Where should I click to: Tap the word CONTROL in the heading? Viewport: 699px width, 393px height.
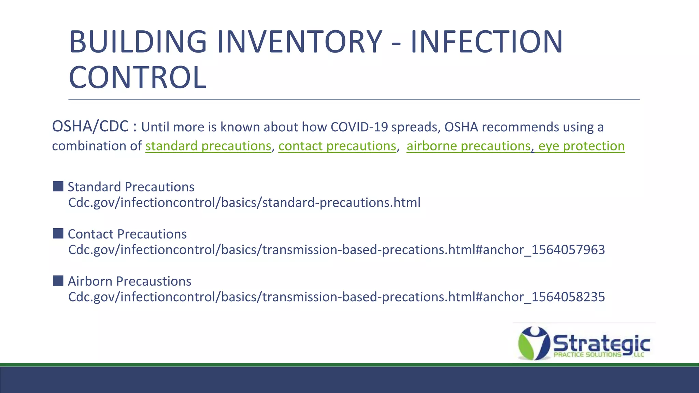(x=138, y=78)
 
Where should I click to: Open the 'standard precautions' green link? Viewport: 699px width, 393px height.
(x=208, y=146)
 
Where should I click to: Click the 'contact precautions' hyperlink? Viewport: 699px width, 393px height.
(x=337, y=146)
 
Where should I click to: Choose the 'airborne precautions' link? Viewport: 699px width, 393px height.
(x=468, y=146)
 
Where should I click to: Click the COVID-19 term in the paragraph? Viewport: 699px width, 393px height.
(x=359, y=127)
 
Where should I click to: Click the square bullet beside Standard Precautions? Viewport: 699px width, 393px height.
(x=58, y=186)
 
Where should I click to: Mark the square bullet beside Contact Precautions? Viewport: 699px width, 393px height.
(x=58, y=233)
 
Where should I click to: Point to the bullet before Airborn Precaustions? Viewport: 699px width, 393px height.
(x=58, y=281)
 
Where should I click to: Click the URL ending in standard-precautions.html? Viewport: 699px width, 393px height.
(x=244, y=203)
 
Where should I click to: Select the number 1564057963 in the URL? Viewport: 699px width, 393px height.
(x=568, y=250)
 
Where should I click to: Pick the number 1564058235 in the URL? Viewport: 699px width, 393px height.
(x=568, y=297)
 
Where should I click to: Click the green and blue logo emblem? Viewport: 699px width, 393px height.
(x=533, y=343)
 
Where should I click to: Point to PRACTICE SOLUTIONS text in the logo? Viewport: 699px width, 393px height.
(x=587, y=355)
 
